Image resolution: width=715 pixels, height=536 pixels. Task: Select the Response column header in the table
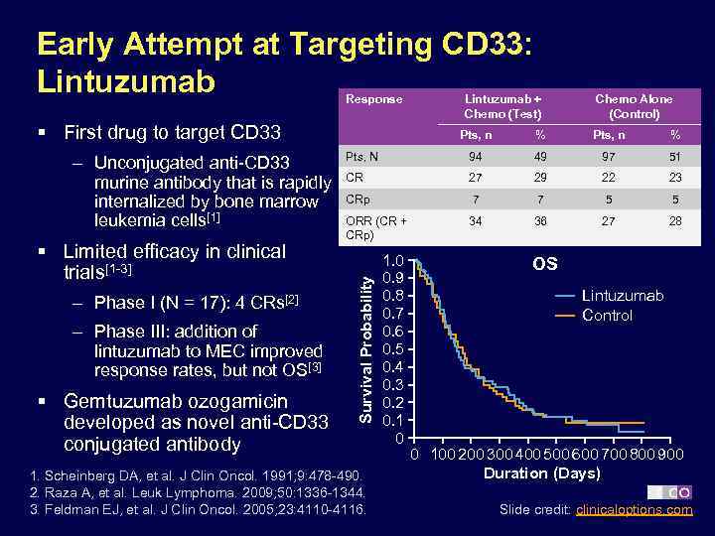coord(373,99)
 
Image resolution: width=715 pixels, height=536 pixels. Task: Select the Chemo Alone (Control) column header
coord(633,106)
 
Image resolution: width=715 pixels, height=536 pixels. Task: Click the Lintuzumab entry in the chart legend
coord(623,296)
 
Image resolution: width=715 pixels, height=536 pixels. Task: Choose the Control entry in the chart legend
coord(607,315)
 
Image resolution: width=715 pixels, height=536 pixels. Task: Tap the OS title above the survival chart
coord(545,264)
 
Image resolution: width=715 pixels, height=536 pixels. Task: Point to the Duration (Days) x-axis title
coord(542,472)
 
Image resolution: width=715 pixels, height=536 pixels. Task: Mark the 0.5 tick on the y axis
coord(393,349)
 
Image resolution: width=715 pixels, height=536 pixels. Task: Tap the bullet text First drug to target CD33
coord(172,133)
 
